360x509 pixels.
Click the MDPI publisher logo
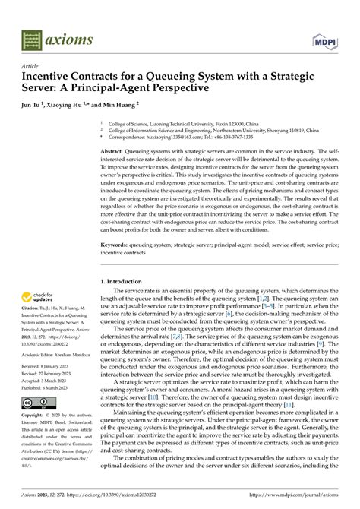click(324, 37)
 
